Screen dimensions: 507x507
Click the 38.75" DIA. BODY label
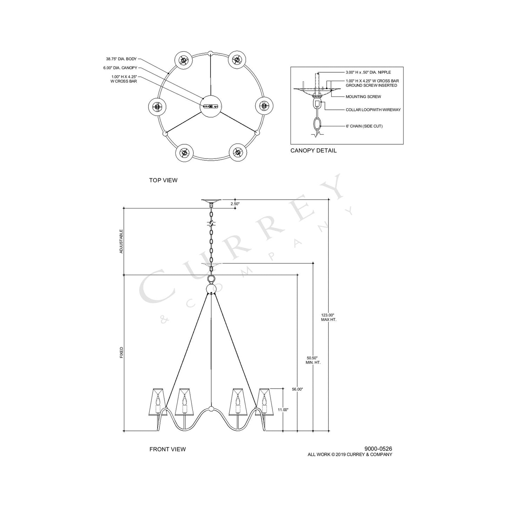(x=121, y=59)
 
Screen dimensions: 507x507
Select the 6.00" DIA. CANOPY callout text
(x=120, y=68)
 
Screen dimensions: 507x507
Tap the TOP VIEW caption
(x=163, y=180)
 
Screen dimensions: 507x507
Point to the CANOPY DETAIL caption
(x=313, y=151)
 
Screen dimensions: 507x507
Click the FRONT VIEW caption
(x=167, y=449)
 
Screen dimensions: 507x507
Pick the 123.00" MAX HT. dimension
(x=329, y=318)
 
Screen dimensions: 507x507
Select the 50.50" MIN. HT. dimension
(x=313, y=360)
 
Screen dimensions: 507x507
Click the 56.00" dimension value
(x=297, y=389)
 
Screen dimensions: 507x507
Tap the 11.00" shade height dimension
(x=283, y=409)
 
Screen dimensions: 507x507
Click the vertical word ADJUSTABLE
(x=121, y=242)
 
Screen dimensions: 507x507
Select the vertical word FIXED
(x=121, y=352)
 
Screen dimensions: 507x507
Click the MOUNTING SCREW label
(x=363, y=96)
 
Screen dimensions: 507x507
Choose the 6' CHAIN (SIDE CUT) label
(x=364, y=126)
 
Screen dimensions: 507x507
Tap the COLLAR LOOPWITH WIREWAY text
(x=373, y=110)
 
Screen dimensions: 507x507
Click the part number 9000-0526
(x=378, y=449)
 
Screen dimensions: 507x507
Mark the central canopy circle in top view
(x=211, y=106)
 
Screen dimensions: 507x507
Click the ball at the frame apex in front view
(x=211, y=289)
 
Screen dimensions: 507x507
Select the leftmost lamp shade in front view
(x=158, y=402)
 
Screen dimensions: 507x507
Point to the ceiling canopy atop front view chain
(x=211, y=202)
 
